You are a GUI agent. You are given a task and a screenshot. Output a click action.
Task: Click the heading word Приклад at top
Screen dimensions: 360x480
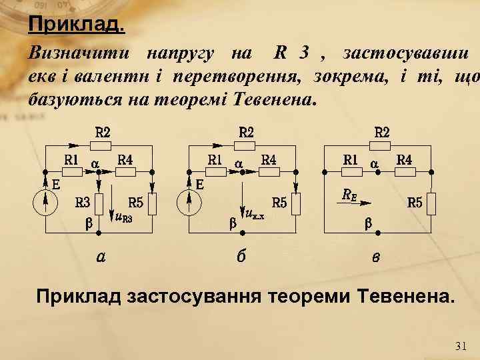pyautogui.click(x=75, y=26)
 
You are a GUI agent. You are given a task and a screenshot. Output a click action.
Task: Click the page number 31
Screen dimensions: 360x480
pyautogui.click(x=460, y=345)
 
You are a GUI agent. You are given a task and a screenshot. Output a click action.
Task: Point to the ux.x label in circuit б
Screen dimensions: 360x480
pyautogui.click(x=255, y=215)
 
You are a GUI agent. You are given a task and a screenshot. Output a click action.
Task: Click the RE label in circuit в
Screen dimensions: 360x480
pyautogui.click(x=347, y=194)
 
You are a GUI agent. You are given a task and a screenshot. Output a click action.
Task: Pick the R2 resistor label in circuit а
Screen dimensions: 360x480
pyautogui.click(x=103, y=131)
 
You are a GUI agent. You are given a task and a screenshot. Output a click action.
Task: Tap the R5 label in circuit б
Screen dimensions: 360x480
pyautogui.click(x=279, y=202)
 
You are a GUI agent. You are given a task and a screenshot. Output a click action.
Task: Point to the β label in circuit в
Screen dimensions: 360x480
pyautogui.click(x=367, y=224)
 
